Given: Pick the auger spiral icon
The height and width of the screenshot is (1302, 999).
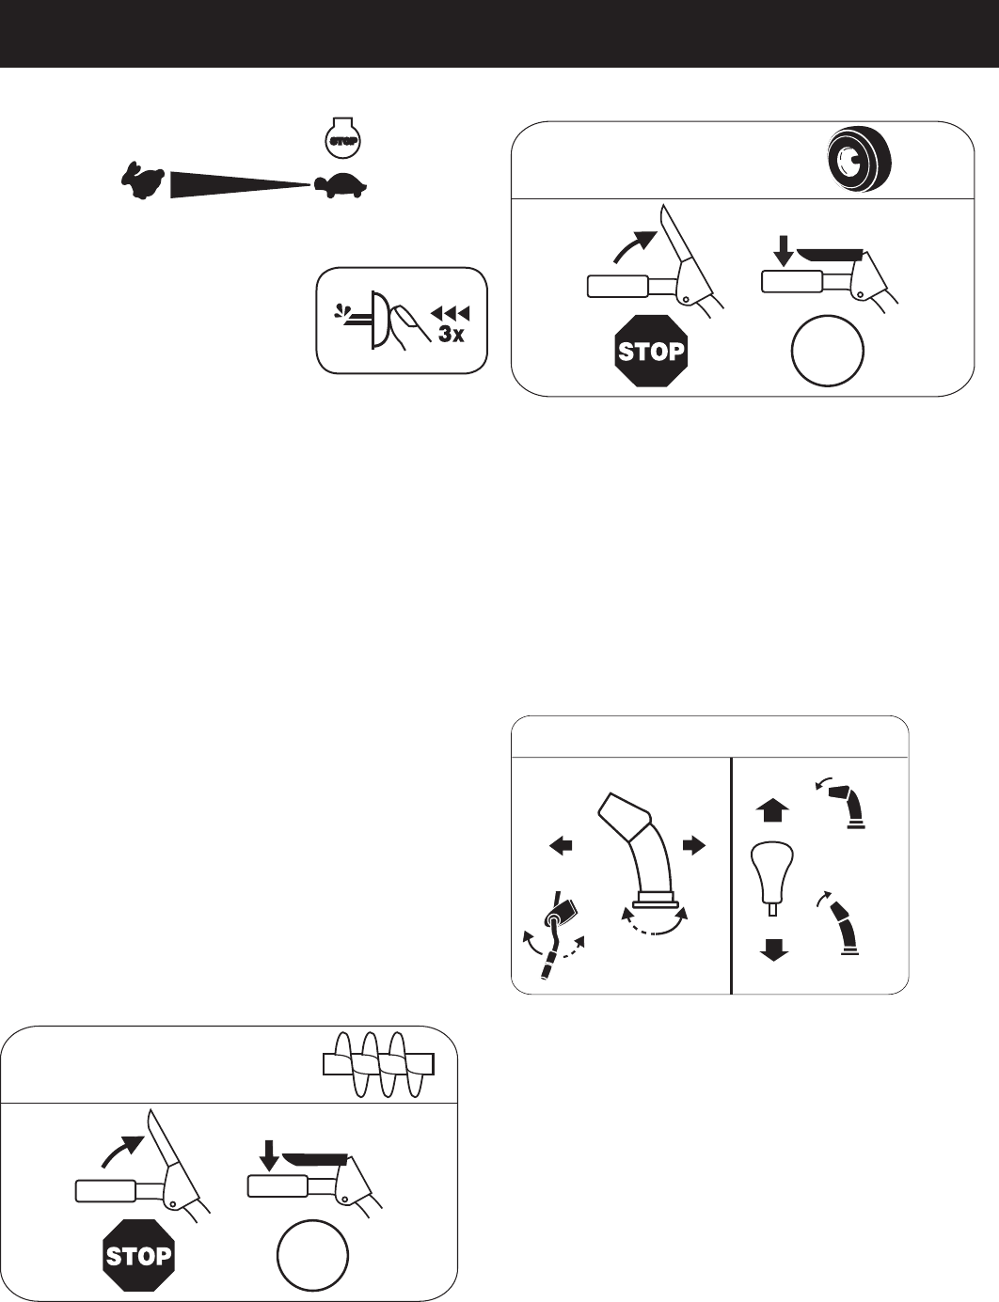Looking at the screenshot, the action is coord(376,1064).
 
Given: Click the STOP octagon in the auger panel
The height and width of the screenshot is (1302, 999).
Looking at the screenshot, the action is coord(139,1256).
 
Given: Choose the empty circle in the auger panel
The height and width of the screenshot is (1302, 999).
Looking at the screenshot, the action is coord(313,1256).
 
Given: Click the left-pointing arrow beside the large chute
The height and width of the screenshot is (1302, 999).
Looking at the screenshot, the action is coord(561,845).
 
